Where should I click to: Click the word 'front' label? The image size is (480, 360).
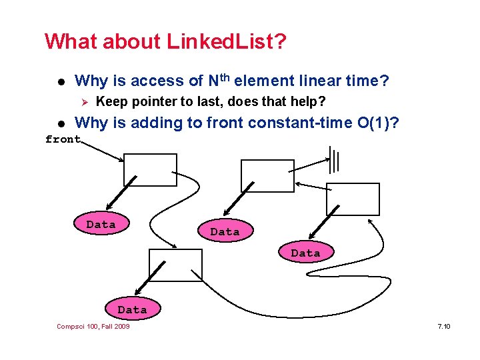coord(63,139)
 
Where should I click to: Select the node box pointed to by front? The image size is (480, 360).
coord(150,170)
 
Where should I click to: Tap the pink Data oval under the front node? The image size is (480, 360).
coord(101,225)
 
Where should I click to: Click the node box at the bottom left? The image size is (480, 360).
coord(175,265)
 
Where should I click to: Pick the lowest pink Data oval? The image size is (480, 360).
coord(132,309)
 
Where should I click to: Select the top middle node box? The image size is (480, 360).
coord(267,176)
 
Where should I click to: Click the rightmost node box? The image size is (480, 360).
coord(353,199)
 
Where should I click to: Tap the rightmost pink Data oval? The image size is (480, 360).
coord(305,253)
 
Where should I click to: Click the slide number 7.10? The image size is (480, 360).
coord(443,326)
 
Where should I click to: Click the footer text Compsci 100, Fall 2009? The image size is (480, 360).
coord(93,326)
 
